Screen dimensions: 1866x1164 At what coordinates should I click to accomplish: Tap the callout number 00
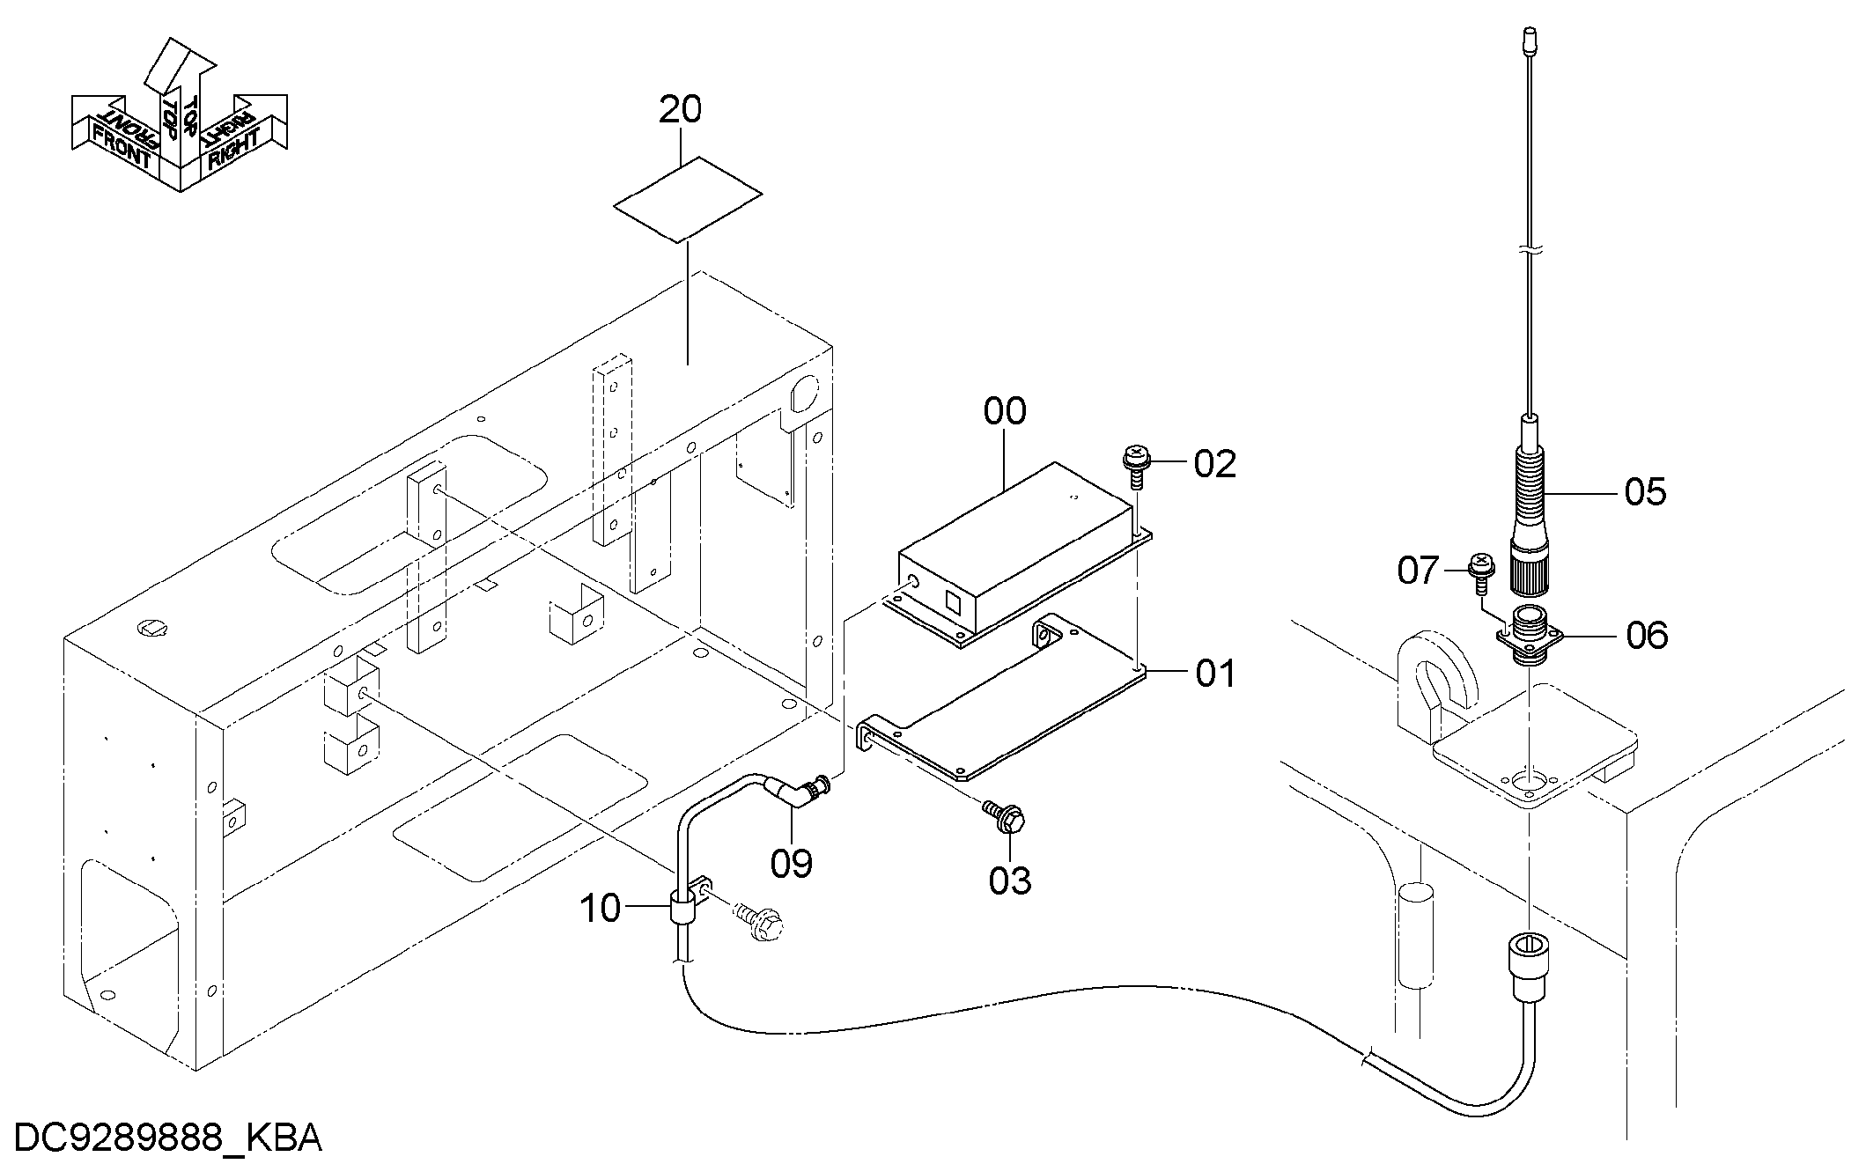1005,411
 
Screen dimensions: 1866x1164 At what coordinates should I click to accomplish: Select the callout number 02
1215,464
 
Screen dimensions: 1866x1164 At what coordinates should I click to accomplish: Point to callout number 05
1645,492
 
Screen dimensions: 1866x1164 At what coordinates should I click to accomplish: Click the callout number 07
1419,571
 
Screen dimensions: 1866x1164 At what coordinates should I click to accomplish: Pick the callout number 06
1647,635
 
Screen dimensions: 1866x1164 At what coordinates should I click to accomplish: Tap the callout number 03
1009,880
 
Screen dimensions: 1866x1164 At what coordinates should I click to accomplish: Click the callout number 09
791,864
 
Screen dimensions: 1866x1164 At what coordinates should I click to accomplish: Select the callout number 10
601,909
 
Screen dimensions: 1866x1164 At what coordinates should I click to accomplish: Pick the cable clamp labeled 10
686,902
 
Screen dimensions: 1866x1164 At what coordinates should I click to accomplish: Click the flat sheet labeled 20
688,200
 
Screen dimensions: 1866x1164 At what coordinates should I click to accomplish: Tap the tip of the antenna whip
1529,33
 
